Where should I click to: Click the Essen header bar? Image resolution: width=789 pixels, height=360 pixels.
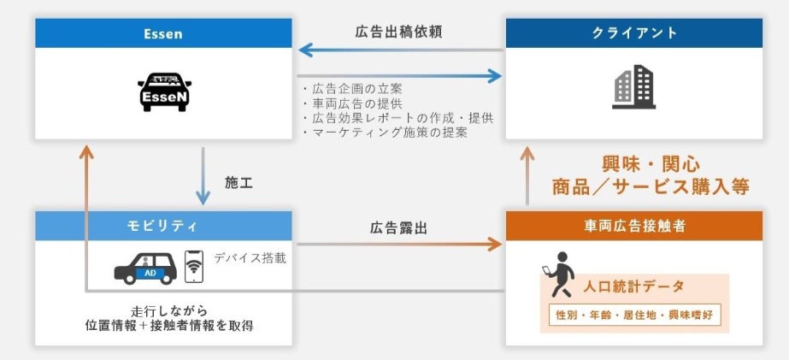click(162, 34)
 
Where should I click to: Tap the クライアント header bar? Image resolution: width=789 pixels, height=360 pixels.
click(633, 34)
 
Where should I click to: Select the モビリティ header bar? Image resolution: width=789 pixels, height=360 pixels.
click(162, 226)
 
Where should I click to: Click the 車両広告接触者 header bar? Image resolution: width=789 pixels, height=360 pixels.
click(633, 226)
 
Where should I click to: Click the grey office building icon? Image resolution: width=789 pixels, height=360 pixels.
click(633, 87)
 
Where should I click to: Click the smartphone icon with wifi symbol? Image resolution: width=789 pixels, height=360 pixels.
click(195, 267)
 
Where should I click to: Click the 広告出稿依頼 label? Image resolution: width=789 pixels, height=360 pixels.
click(398, 32)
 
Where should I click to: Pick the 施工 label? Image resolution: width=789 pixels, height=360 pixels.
click(238, 183)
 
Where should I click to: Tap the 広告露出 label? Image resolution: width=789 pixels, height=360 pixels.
click(398, 228)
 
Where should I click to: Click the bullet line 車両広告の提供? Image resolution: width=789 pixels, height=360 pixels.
click(352, 103)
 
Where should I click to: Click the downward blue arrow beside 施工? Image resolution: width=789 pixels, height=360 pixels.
click(203, 176)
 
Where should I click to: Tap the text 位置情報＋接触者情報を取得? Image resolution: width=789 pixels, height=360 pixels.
click(170, 325)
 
